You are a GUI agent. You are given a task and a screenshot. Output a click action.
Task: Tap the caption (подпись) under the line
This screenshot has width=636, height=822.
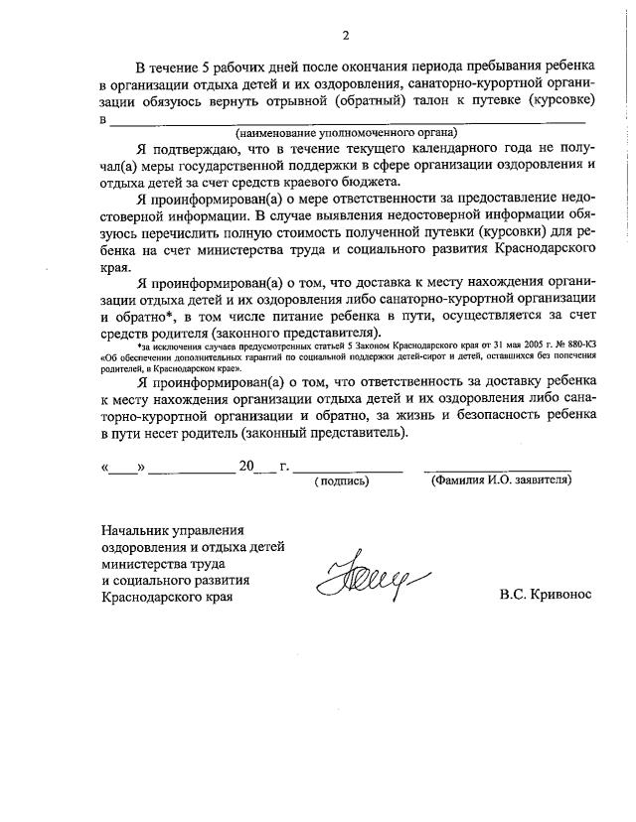pyautogui.click(x=341, y=480)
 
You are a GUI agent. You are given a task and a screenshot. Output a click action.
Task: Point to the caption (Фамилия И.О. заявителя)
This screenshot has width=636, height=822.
pyautogui.click(x=499, y=480)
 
